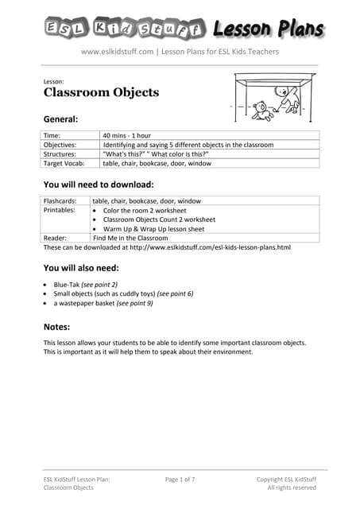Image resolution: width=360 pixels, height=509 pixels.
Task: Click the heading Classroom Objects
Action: (x=101, y=92)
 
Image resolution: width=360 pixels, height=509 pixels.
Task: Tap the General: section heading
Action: (x=60, y=119)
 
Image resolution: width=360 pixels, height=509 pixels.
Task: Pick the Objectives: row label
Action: (x=60, y=145)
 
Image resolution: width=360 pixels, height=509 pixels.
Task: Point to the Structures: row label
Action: (x=60, y=153)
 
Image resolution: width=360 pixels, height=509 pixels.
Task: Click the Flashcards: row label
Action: (x=61, y=201)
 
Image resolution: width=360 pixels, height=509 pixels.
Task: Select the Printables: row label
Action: (x=60, y=210)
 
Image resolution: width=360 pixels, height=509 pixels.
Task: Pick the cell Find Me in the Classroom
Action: (x=130, y=237)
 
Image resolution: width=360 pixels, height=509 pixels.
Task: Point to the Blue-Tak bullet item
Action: (x=85, y=284)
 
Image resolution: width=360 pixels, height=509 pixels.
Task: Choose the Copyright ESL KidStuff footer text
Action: (x=286, y=479)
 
